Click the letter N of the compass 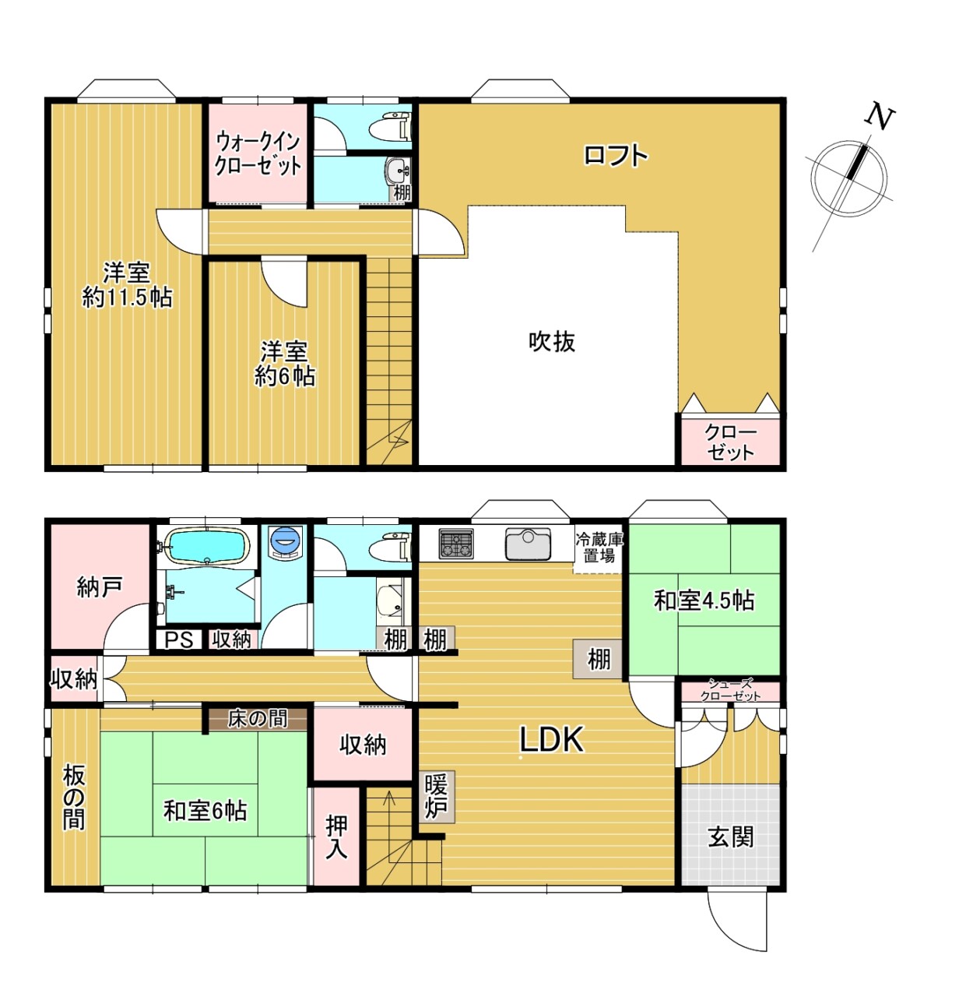(879, 118)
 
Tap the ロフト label (615, 155)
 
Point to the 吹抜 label (552, 341)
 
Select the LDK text (551, 740)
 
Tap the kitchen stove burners (455, 544)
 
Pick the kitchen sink (527, 544)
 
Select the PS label (179, 640)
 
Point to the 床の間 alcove (258, 719)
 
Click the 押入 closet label (336, 837)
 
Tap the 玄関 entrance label (730, 837)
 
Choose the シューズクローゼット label (730, 689)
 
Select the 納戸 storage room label (100, 587)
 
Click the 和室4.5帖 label (704, 601)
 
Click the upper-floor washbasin (397, 170)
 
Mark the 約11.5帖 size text (127, 298)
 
